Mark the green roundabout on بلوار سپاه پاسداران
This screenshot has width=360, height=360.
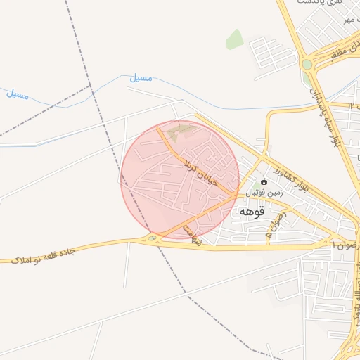(x=307, y=65)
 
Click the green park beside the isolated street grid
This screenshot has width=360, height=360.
(x=235, y=39)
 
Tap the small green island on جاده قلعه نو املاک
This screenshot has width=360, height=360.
(x=153, y=239)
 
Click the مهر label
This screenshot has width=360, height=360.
(x=347, y=19)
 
